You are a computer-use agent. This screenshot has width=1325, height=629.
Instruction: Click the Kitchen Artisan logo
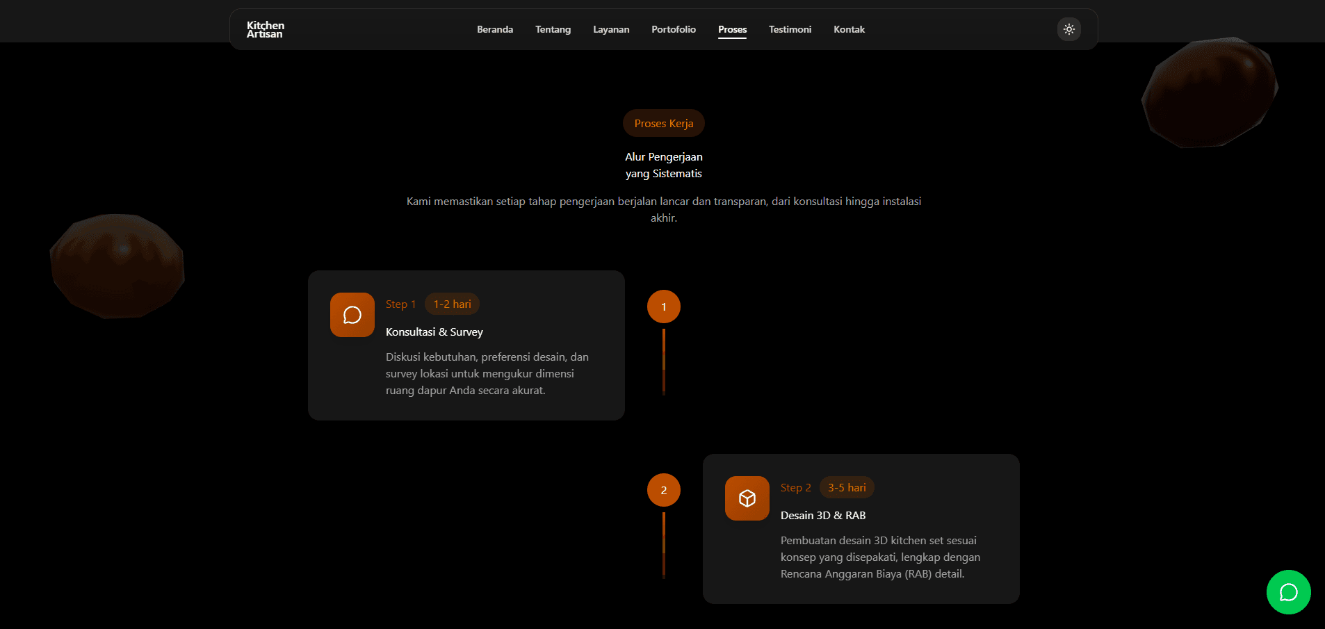pos(266,29)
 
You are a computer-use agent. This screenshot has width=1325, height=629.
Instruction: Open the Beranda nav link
pos(495,29)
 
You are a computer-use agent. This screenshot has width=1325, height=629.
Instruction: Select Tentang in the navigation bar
pos(553,29)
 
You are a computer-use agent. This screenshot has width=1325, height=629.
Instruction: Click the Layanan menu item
pos(611,29)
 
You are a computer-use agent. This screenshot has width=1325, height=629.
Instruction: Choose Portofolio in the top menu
pos(674,29)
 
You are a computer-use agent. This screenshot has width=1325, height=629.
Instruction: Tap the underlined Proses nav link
pos(732,30)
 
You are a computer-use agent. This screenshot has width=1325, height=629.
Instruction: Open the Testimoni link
pos(790,29)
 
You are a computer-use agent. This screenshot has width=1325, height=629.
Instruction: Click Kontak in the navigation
pos(849,29)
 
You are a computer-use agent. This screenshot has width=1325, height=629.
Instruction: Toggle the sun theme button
pos(1069,29)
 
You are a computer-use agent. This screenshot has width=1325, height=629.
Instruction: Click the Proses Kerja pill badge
pos(664,123)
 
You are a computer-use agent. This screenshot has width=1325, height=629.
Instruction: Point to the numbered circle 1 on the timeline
pos(664,307)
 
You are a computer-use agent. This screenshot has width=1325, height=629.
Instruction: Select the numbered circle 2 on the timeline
pos(664,490)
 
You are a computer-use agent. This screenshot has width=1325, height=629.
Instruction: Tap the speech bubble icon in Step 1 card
pos(352,315)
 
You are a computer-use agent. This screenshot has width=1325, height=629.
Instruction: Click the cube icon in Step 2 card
pos(747,498)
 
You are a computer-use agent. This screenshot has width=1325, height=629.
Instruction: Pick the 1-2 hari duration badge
pos(453,304)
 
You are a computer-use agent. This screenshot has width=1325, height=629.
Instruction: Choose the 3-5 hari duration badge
pos(847,487)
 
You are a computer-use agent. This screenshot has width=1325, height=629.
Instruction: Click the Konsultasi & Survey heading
pos(434,332)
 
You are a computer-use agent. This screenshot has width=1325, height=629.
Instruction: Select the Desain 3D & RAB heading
pos(823,515)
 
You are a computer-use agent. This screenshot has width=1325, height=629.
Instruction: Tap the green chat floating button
pos(1289,592)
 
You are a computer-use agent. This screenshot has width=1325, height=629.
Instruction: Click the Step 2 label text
pos(796,487)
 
